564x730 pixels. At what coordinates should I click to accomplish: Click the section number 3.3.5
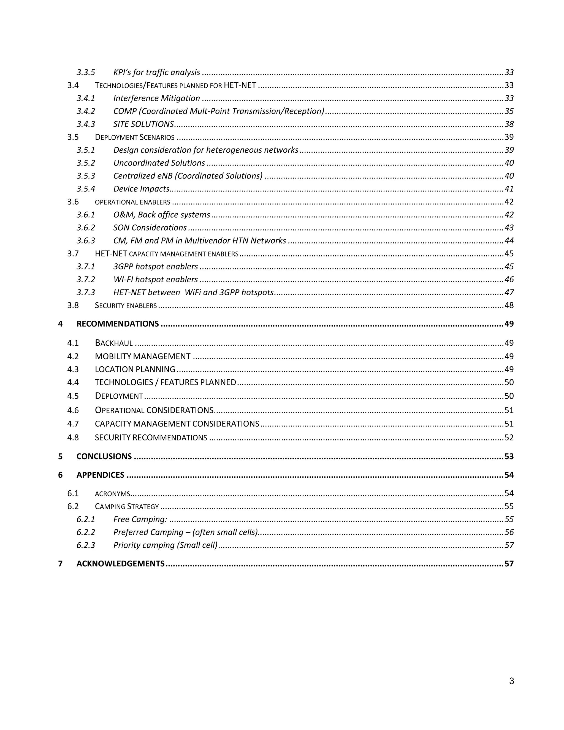[x=86, y=72]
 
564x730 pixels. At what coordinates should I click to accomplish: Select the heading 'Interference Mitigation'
[x=156, y=98]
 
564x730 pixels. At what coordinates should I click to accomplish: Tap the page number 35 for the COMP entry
[x=509, y=111]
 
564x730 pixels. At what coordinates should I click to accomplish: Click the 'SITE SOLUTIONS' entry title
[x=143, y=124]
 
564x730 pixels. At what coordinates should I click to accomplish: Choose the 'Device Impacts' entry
[x=141, y=189]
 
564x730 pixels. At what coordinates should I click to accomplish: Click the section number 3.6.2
[x=86, y=228]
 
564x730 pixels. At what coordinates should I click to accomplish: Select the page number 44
[x=509, y=241]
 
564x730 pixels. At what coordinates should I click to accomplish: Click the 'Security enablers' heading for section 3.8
[x=126, y=305]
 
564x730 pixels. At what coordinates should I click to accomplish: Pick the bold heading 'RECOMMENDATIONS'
[x=118, y=324]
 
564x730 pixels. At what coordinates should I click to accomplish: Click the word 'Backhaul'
[x=114, y=343]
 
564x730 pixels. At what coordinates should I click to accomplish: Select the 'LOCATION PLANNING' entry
[x=135, y=369]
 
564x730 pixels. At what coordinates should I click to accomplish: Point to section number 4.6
[x=73, y=410]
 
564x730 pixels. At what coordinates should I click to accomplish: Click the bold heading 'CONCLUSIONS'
[x=104, y=456]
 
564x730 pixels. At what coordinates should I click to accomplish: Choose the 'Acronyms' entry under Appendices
[x=112, y=494]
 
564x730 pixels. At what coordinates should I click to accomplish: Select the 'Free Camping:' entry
[x=140, y=520]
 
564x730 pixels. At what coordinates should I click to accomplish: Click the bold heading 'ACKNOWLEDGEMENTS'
[x=120, y=564]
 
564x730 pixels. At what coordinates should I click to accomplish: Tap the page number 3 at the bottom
[x=511, y=681]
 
